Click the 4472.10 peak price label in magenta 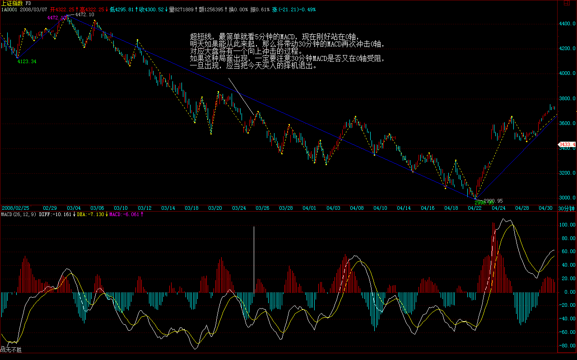tap(56, 18)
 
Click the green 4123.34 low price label tap(27, 61)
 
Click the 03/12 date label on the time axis tap(144, 208)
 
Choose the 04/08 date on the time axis tap(357, 208)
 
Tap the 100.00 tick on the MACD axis tap(567, 225)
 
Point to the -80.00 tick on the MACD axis tap(567, 346)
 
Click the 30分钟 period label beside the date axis tap(567, 208)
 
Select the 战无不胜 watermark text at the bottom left tap(11, 349)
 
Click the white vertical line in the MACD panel tap(254, 262)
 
